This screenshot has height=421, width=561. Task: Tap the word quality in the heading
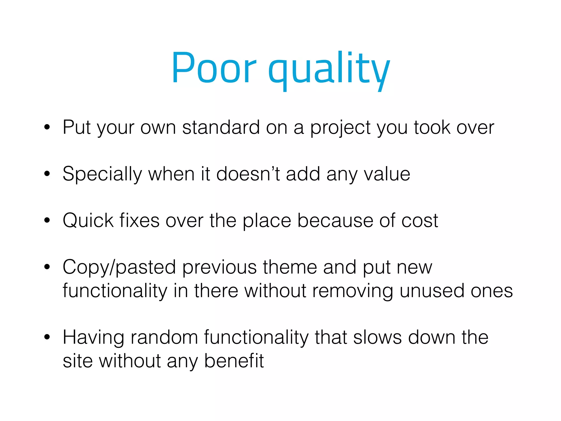pos(329,70)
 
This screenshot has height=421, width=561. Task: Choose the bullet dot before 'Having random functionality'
pos(47,337)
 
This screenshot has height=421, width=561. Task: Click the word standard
pos(221,127)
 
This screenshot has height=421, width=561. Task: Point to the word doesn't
pos(248,174)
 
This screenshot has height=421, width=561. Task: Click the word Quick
pos(88,220)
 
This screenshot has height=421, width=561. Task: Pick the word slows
pos(377,337)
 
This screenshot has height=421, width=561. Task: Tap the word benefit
pos(234,361)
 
